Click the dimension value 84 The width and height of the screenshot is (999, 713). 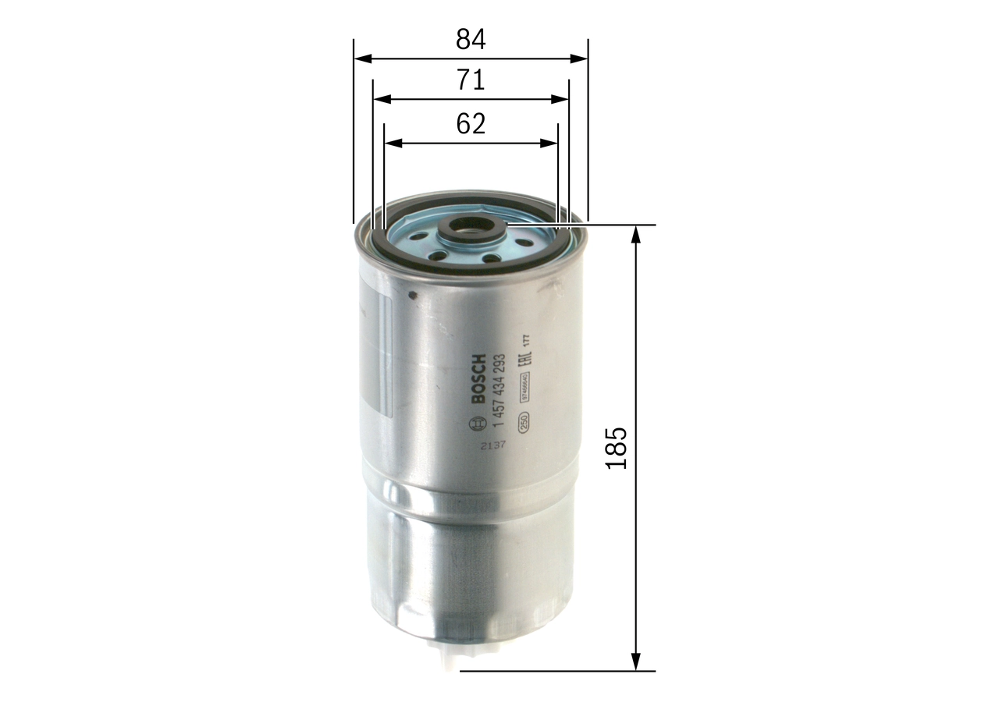coord(471,39)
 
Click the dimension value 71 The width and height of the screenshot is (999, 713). coord(471,80)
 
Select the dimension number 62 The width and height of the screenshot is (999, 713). coord(471,123)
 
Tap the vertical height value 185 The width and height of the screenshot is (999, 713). coord(617,448)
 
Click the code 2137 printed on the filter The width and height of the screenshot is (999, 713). coord(492,445)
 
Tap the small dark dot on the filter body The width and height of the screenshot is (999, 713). coord(414,295)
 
